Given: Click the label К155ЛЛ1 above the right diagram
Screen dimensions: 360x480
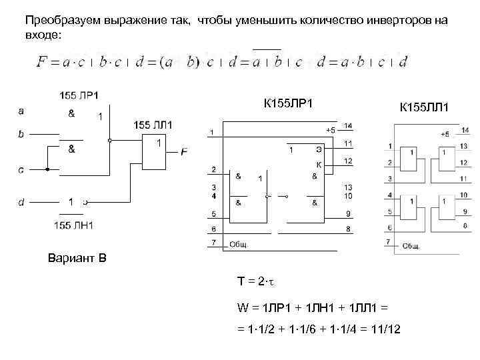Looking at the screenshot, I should pyautogui.click(x=424, y=107).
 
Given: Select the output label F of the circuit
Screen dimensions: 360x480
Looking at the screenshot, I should pyautogui.click(x=184, y=153).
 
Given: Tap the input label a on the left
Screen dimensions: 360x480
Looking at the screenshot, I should pyautogui.click(x=21, y=111).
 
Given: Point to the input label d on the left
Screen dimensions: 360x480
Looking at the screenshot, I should pyautogui.click(x=21, y=201).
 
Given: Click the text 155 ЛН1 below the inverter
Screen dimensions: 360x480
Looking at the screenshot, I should pyautogui.click(x=75, y=225).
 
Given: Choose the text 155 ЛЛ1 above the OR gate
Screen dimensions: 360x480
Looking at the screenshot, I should pyautogui.click(x=153, y=125).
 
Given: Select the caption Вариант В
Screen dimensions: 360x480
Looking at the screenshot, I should pyautogui.click(x=77, y=257).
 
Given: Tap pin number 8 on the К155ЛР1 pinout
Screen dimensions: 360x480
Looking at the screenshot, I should pyautogui.click(x=347, y=229).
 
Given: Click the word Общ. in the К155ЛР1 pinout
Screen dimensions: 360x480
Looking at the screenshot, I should pyautogui.click(x=239, y=245).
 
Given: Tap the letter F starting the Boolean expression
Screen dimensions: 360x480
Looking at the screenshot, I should pyautogui.click(x=42, y=62).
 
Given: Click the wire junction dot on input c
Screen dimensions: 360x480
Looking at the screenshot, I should pyautogui.click(x=47, y=169).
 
